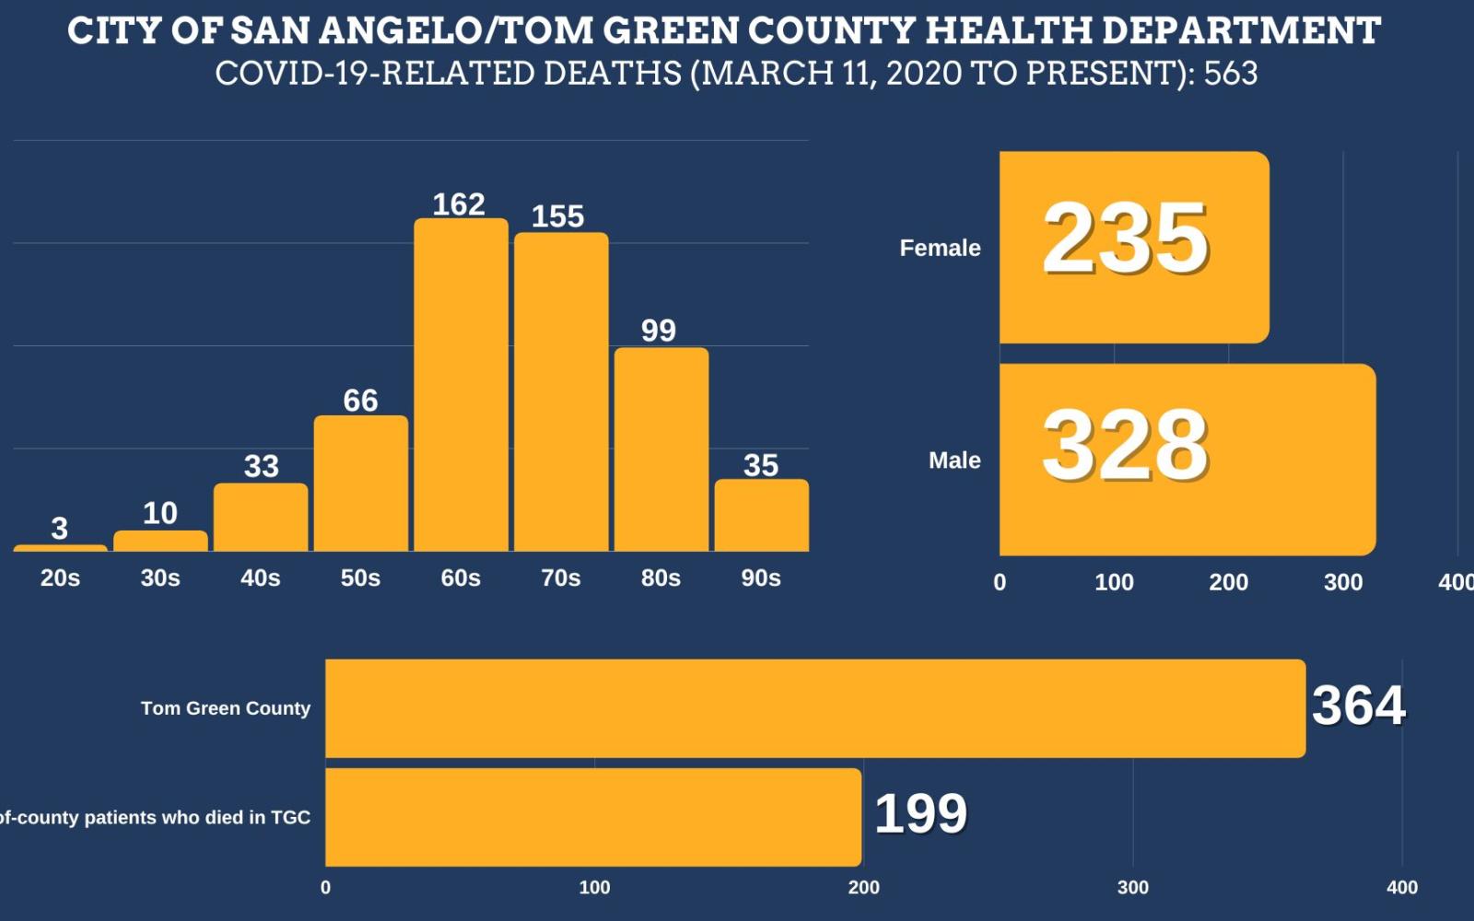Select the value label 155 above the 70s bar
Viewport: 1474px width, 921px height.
tap(557, 216)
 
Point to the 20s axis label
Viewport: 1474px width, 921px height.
tap(60, 578)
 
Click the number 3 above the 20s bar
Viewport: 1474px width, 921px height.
tap(59, 529)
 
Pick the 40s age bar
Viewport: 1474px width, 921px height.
tap(261, 518)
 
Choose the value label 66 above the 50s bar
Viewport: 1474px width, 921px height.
tap(360, 401)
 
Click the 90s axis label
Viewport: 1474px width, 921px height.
tap(761, 578)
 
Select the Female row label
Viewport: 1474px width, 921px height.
tap(940, 248)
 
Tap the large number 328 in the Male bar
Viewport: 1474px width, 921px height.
tap(1125, 446)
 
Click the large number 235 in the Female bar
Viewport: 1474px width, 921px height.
tap(1125, 239)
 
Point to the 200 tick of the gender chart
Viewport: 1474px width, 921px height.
tap(1228, 582)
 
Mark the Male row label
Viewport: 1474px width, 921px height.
tap(954, 460)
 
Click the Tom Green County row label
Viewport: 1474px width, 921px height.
tap(226, 708)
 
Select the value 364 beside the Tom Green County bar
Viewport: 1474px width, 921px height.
tap(1358, 705)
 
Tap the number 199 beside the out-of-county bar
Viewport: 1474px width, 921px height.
tap(920, 814)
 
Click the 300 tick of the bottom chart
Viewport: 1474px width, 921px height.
tap(1132, 888)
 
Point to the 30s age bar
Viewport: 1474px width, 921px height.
tap(160, 542)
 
